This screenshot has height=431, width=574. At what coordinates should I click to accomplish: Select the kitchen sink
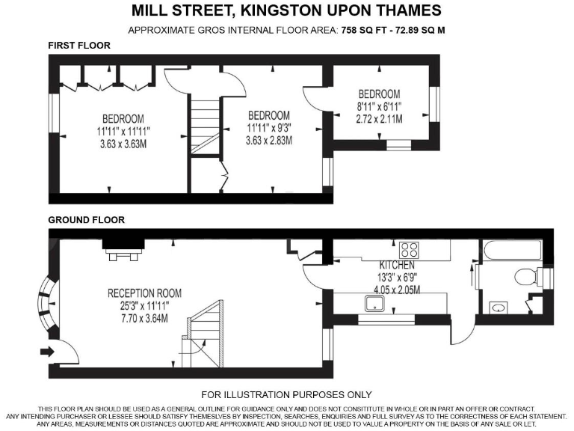[373, 304]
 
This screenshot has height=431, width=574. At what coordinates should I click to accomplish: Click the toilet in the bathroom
[533, 278]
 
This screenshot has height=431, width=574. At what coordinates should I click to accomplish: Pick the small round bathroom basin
[499, 307]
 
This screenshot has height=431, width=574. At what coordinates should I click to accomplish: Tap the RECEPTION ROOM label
[144, 293]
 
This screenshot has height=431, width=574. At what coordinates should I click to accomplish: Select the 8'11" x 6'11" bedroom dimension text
[379, 106]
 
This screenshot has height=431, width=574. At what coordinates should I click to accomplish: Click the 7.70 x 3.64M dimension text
[144, 318]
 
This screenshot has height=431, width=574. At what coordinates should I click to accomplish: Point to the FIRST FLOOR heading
[79, 46]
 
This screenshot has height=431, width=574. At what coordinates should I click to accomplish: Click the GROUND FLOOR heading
[87, 220]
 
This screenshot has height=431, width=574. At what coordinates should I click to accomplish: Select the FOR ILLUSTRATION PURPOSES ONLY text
[287, 394]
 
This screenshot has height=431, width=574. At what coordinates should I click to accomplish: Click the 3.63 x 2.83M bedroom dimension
[269, 141]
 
